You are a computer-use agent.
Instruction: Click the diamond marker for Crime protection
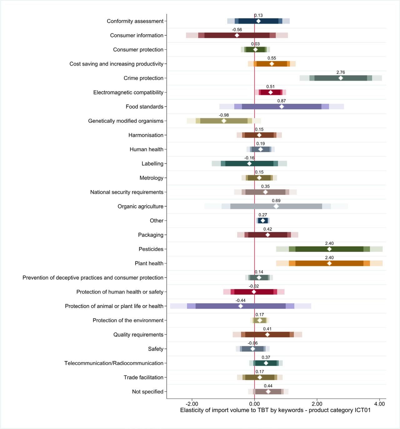pos(341,78)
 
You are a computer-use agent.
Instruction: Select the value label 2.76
pos(341,72)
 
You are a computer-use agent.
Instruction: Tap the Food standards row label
pos(144,107)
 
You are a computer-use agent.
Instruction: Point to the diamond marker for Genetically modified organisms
pos(224,121)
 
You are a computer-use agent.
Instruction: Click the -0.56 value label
pos(237,30)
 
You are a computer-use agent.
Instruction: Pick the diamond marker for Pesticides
pos(329,249)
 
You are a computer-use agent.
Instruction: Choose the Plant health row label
pos(149,263)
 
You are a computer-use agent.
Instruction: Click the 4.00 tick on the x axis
pos(379,404)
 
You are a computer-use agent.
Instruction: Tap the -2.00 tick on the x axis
pos(192,404)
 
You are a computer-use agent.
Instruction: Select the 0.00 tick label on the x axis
pos(254,404)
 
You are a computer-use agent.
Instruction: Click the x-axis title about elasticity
pos(275,410)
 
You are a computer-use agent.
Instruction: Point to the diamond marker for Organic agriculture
pos(276,207)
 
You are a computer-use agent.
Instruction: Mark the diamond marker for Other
pos(263,221)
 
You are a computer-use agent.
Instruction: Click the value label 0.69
pos(276,201)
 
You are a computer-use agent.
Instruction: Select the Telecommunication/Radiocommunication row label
pos(114,363)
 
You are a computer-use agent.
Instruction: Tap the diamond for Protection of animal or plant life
pos(241,306)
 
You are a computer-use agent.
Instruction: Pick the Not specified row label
pos(147,392)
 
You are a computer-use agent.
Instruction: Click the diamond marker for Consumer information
pos(237,35)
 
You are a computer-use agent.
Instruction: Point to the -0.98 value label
pos(224,115)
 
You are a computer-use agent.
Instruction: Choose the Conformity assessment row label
pos(135,21)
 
